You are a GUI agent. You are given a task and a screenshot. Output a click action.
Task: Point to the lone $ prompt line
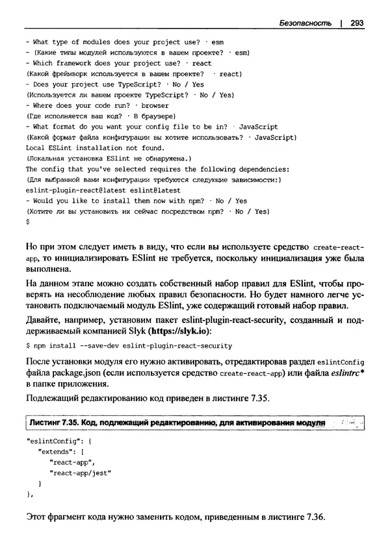click(27, 222)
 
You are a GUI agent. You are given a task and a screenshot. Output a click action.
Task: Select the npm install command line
click(129, 345)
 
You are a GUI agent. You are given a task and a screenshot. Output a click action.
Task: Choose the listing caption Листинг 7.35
click(55, 423)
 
